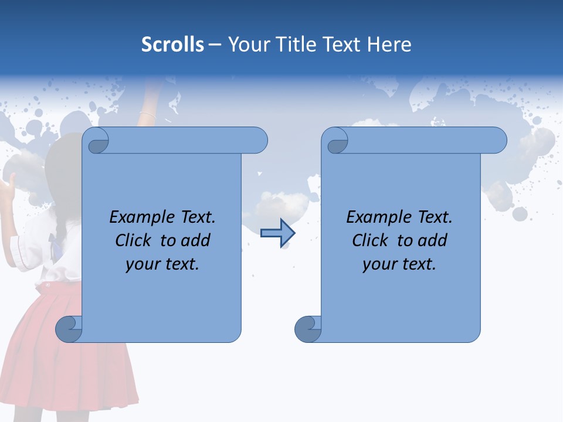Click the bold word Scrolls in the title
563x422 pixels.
172,45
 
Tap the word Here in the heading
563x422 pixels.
389,45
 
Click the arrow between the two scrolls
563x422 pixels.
277,233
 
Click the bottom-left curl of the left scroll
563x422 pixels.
69,329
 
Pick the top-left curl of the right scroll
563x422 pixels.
335,141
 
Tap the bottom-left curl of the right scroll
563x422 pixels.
308,329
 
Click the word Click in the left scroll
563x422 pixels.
134,240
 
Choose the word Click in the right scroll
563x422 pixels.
371,240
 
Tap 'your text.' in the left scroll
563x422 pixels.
162,264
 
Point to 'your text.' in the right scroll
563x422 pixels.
399,264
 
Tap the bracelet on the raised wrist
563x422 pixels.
147,114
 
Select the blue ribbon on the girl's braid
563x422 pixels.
55,241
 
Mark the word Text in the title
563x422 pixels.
343,45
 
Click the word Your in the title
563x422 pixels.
247,45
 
